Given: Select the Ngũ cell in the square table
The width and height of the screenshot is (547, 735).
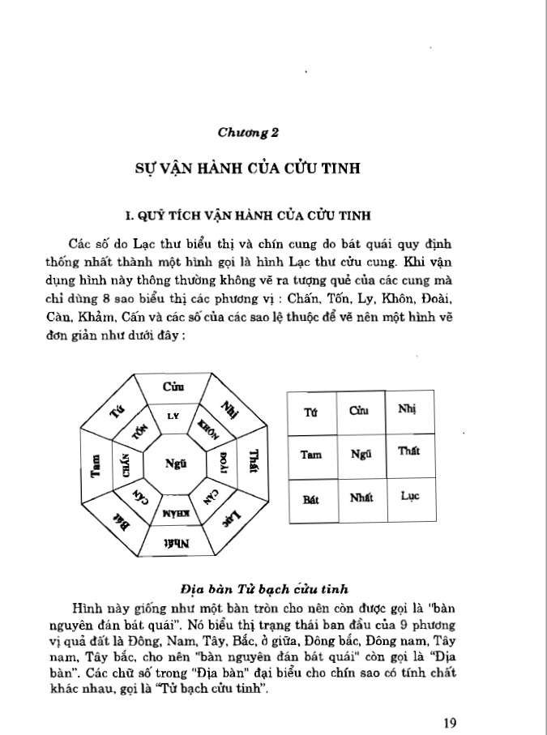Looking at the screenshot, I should tap(361, 455).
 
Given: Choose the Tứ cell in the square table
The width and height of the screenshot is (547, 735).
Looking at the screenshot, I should tap(310, 412).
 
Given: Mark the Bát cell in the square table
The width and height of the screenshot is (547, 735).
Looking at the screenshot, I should tap(310, 498).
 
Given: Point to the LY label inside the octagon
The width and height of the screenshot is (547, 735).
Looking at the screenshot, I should tap(172, 417).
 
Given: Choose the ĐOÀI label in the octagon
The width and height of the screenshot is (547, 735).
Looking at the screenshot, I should tap(221, 463).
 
